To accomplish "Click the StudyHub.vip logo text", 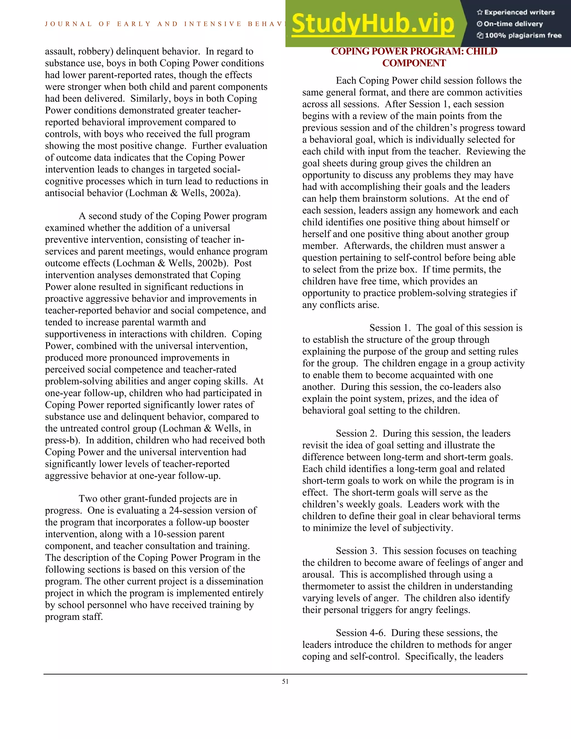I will coord(372,24).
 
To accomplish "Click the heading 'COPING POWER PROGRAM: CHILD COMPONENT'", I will coord(414,57).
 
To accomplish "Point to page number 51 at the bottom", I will coord(285,682).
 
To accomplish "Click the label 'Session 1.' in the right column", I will coord(390,328).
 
